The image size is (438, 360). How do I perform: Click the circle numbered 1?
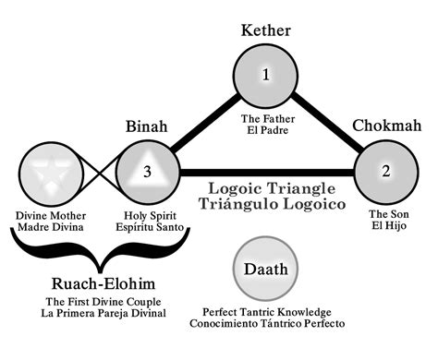265,77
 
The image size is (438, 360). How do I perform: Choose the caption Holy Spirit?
145,214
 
